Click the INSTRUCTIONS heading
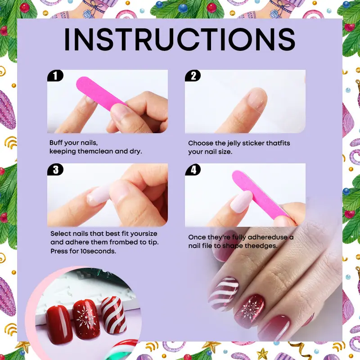180,39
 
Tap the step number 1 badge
55,76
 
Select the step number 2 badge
193,76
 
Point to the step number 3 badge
55,170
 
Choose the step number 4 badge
193,170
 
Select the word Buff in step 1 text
56,143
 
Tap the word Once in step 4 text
197,237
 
